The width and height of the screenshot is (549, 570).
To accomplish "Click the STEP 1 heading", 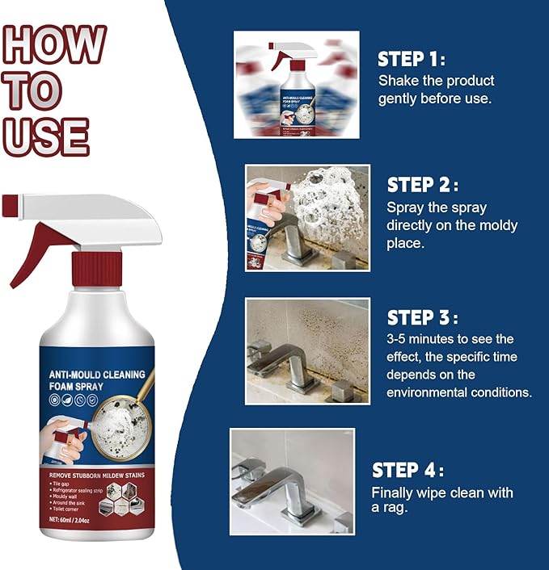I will (412, 59).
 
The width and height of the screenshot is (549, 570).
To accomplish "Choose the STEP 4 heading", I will (408, 471).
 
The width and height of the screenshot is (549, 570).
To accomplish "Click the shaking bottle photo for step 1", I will (296, 84).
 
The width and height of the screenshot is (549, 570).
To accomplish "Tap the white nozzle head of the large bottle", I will (89, 212).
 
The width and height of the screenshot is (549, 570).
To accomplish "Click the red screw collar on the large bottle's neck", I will (96, 270).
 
